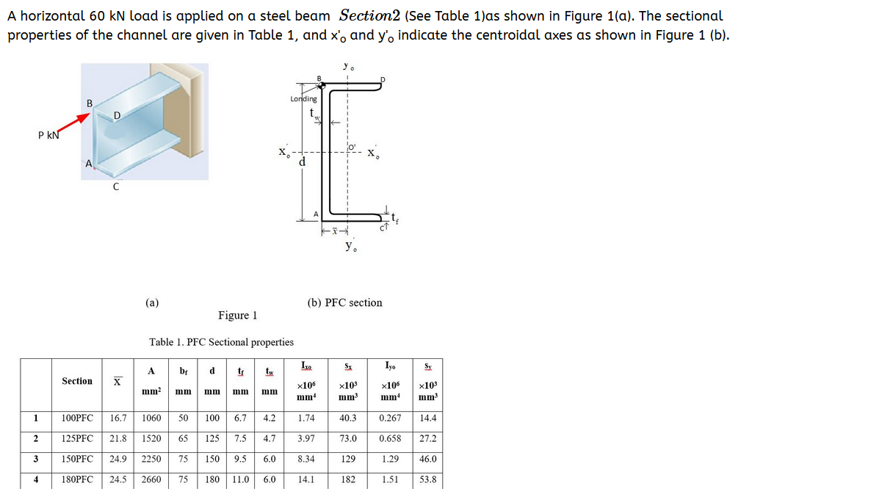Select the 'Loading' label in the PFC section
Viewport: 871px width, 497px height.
303,98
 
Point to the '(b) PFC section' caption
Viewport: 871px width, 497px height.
344,302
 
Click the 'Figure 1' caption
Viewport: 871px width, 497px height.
237,316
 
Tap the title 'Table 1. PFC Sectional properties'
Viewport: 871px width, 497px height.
221,342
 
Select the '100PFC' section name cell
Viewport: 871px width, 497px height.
77,418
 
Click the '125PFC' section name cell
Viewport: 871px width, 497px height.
77,438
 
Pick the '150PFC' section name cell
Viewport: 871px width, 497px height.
77,460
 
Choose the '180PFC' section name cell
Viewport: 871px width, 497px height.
77,480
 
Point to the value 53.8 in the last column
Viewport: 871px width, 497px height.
427,480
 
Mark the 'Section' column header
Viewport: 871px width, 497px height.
77,381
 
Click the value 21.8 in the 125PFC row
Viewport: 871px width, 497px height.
116,438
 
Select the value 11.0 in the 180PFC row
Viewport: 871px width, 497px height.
240,480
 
